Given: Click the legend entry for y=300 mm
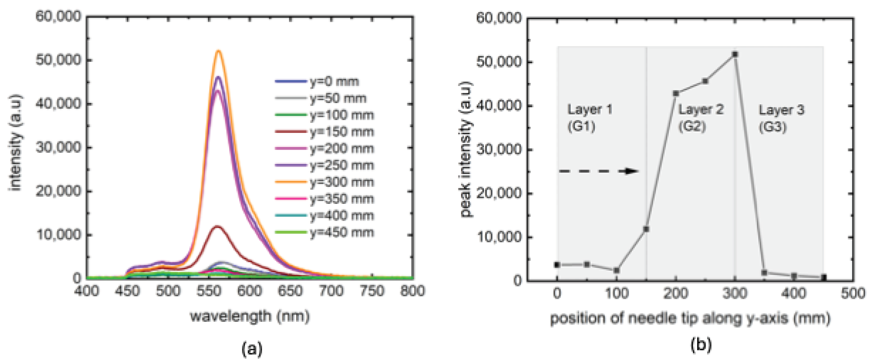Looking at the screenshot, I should click(x=341, y=182).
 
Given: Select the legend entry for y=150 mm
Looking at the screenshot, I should click(x=341, y=132).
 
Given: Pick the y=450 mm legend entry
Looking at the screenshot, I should click(x=341, y=232).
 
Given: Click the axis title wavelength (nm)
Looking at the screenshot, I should click(x=250, y=316).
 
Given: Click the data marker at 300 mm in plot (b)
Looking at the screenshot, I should click(x=735, y=54).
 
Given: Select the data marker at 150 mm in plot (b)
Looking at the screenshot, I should click(x=646, y=229).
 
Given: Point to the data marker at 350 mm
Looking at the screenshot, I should click(x=764, y=272).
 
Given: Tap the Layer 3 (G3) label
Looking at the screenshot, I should click(x=781, y=118).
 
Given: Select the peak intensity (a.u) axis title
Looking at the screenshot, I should click(x=466, y=149).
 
